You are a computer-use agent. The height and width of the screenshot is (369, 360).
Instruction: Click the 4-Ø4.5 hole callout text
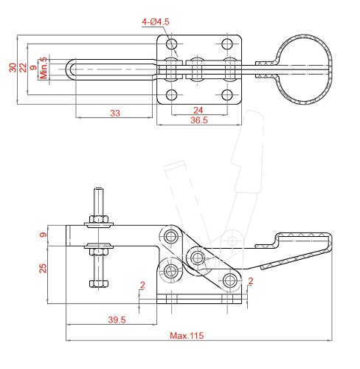pos(156,22)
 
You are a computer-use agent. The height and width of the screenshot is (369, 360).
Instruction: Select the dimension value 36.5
pos(199,120)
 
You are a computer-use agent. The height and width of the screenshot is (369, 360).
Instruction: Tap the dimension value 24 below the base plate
pos(198,110)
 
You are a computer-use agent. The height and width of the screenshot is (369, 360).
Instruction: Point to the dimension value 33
pos(115,113)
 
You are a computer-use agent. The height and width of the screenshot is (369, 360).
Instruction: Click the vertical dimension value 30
pos(13,67)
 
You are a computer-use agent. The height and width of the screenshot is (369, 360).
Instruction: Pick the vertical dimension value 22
pos(23,67)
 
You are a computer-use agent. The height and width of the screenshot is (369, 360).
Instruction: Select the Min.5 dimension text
pos(44,68)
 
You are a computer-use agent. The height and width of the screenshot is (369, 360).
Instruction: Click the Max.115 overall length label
pos(187,336)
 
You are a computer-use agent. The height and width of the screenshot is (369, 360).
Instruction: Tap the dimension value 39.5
pos(117,320)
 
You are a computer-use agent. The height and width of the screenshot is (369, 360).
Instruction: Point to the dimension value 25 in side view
pos(43,269)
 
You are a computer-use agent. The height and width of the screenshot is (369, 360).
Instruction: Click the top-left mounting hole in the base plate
pos(172,44)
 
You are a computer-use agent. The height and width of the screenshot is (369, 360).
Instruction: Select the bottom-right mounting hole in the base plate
pos(227,95)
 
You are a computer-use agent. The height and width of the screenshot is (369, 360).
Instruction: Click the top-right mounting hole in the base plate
pos(227,44)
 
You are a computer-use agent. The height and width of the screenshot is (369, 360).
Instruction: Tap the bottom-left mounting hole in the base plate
pos(172,95)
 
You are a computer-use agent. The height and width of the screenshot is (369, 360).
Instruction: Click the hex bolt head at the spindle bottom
pos(99,283)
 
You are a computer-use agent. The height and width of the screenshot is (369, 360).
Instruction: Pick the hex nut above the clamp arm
pos(99,219)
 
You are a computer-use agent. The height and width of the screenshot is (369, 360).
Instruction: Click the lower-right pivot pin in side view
pos(229,280)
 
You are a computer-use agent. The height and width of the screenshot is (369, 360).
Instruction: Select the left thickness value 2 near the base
pos(142,285)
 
